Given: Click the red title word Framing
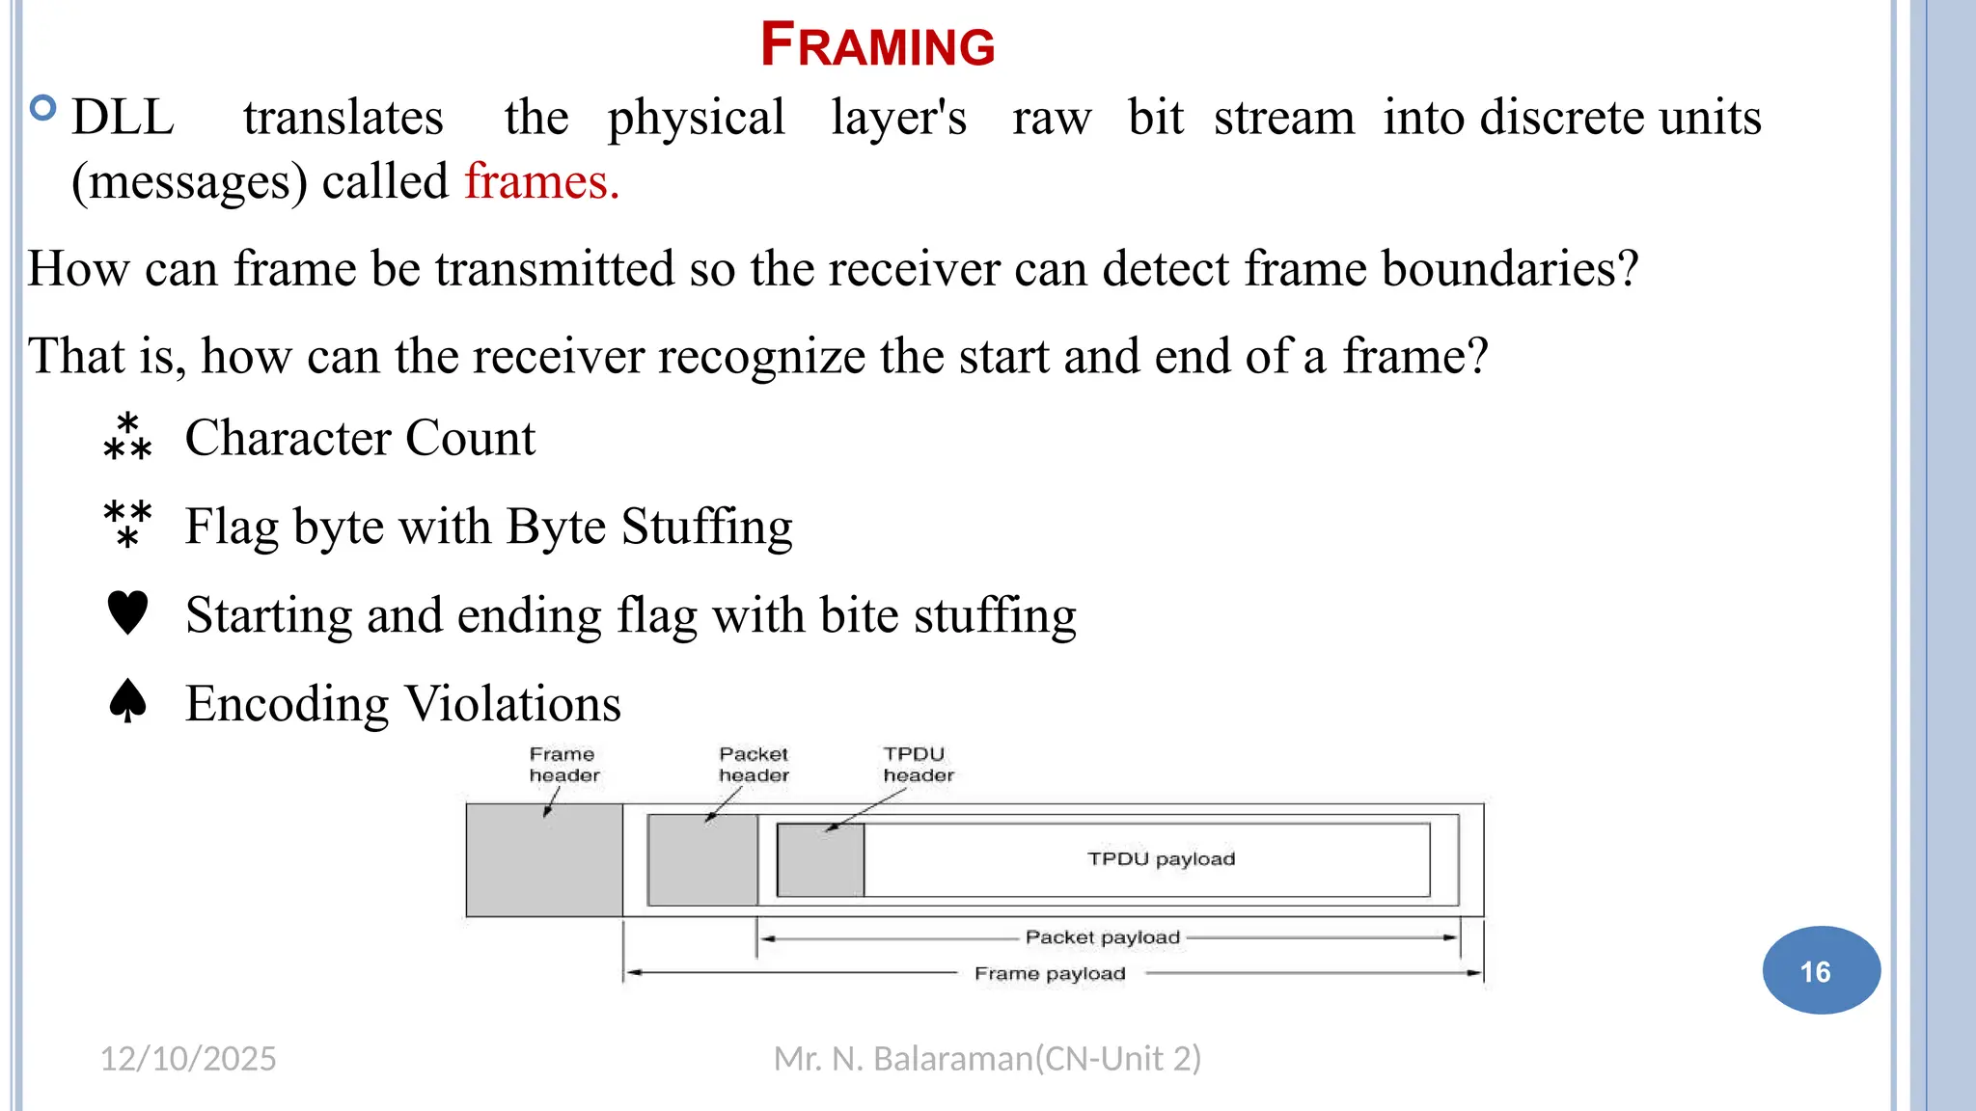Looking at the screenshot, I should point(877,45).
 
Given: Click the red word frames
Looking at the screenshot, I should point(541,181).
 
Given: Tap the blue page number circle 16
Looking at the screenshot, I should point(1820,970).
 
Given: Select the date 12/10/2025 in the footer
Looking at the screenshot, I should point(188,1059).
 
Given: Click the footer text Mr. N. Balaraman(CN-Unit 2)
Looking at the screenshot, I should point(987,1059).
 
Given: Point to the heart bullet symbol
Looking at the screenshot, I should point(127,613).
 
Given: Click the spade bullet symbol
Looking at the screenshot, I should point(127,701).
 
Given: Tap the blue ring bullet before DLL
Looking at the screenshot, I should point(43,108).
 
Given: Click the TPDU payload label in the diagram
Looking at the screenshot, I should point(1161,858).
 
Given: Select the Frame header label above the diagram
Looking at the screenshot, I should point(564,765).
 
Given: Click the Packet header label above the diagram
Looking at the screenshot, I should point(754,765).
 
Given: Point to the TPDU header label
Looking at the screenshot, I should point(918,765).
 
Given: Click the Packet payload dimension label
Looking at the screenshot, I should point(1102,937).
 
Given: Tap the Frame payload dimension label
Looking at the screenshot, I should point(1050,974).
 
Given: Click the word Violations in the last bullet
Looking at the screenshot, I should point(512,703).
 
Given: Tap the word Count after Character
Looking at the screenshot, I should point(470,438).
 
